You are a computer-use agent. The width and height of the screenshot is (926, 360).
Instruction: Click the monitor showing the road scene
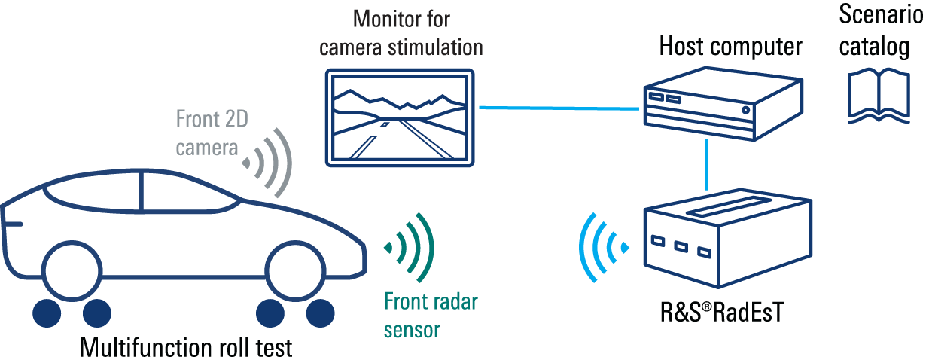(401, 117)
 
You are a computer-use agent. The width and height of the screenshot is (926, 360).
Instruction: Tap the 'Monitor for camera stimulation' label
(401, 32)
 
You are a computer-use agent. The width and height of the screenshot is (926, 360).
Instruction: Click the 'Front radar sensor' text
(431, 316)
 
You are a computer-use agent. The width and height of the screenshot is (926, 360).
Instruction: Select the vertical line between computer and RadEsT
(707, 165)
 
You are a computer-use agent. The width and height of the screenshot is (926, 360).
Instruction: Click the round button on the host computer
(745, 110)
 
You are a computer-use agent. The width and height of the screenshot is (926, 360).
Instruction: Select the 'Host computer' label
(730, 47)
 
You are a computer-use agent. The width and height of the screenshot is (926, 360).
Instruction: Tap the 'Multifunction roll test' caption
(184, 349)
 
